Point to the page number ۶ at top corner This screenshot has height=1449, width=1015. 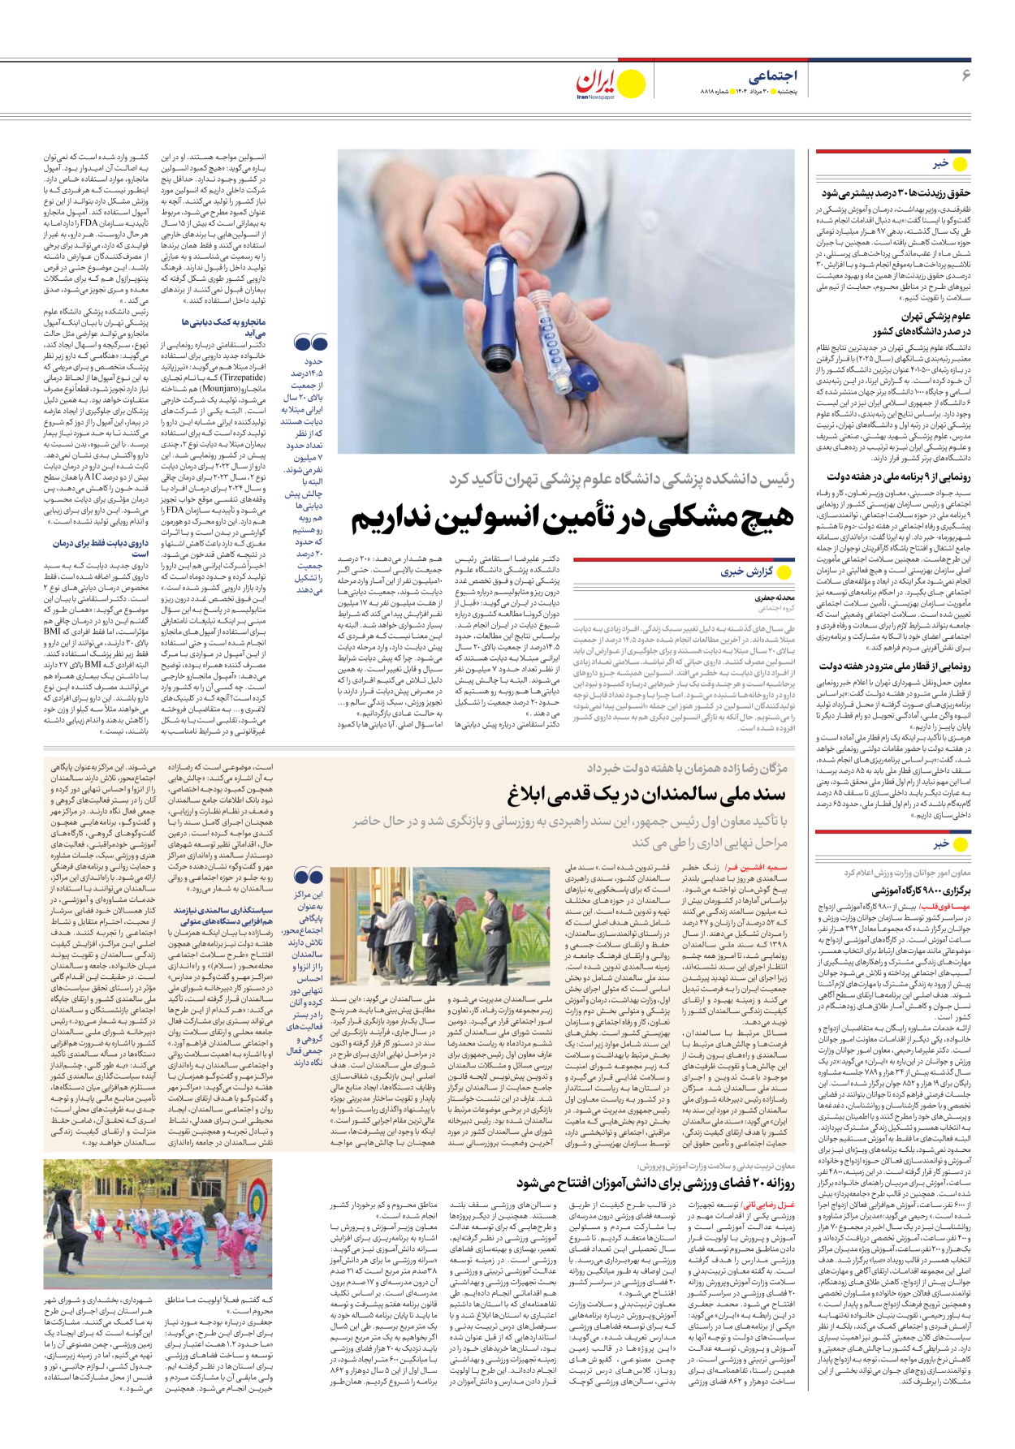point(966,75)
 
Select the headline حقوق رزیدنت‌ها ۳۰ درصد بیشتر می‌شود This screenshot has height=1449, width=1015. point(896,193)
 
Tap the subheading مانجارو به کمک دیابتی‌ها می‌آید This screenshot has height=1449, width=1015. point(212,327)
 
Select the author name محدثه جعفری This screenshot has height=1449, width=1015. point(775,597)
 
